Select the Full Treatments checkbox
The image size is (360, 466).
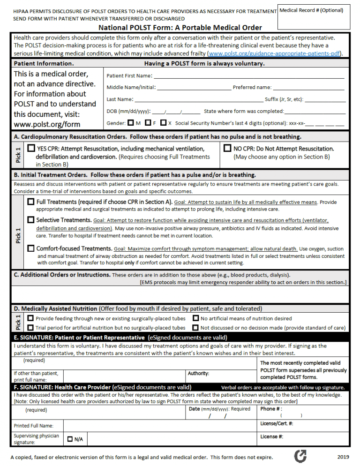31,202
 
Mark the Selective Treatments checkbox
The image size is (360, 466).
31,219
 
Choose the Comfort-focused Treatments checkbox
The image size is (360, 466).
31,248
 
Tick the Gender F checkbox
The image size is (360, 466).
148,123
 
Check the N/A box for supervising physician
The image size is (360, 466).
70,439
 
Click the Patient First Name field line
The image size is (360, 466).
248,76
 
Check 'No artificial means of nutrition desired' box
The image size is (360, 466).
195,318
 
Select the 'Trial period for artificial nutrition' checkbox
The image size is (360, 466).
30,328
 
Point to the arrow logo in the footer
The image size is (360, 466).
300,456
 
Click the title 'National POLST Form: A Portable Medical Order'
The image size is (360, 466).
180,28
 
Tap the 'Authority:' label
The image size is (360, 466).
198,374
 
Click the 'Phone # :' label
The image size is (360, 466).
271,409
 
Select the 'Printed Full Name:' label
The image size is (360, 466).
33,426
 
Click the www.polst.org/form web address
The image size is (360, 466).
47,124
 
